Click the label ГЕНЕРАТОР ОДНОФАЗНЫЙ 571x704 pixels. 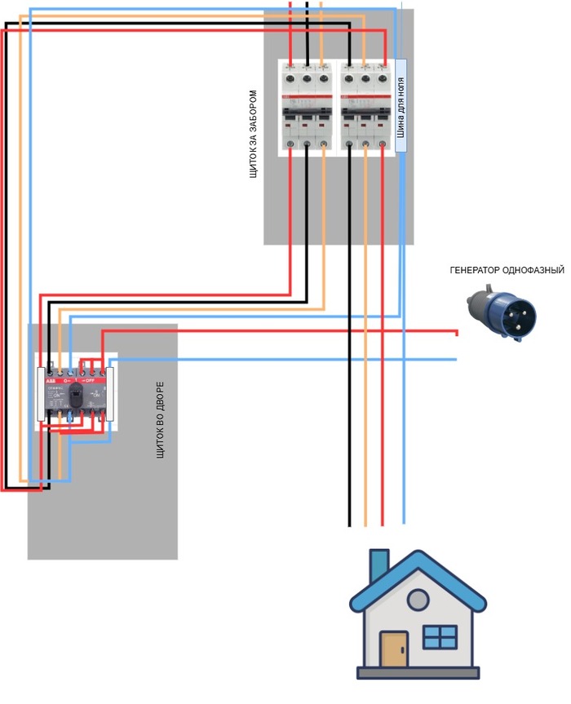[507, 269]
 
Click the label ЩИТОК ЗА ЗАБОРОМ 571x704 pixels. [253, 134]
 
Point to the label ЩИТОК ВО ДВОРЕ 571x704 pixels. [160, 418]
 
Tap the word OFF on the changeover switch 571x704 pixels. [89, 380]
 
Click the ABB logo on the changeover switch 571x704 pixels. [50, 381]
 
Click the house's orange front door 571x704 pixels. [394, 649]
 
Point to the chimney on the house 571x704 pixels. [379, 565]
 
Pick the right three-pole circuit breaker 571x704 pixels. [365, 107]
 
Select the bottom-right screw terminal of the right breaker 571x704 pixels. [382, 145]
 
